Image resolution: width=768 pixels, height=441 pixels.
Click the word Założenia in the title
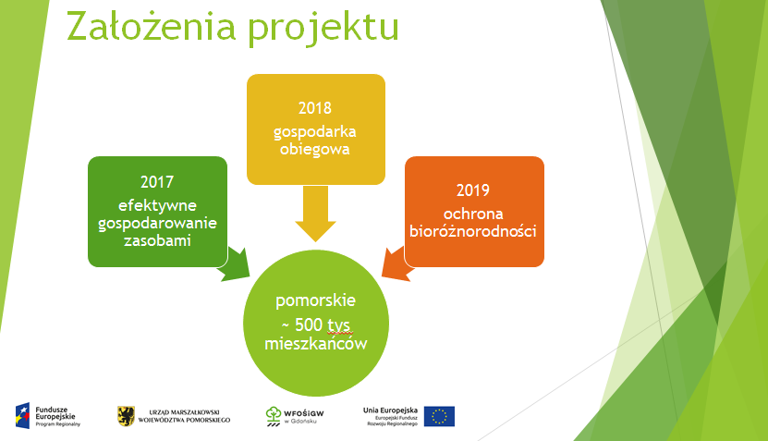click(152, 26)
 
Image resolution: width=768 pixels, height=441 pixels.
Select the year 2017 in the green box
click(157, 182)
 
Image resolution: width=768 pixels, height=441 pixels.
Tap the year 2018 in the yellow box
click(315, 108)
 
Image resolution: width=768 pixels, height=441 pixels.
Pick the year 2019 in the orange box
click(473, 190)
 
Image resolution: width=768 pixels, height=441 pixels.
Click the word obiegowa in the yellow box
click(315, 149)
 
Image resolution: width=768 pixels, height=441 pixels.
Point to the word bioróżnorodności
click(473, 231)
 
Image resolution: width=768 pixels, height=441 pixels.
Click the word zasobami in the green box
click(157, 240)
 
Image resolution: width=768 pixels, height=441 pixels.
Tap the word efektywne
click(157, 206)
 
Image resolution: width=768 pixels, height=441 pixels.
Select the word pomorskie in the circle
click(315, 300)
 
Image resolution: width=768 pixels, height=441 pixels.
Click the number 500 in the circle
click(309, 325)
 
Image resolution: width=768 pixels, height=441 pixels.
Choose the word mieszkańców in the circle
click(316, 343)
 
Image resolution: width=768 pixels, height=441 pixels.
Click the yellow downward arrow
click(315, 214)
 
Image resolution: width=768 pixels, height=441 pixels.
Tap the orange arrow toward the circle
click(397, 264)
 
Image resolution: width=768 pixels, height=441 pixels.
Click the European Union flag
click(439, 416)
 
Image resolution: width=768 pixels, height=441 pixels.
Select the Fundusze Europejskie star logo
click(22, 415)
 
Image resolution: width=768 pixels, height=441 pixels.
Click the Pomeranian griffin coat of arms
click(127, 416)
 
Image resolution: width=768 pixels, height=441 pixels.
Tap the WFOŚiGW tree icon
click(274, 416)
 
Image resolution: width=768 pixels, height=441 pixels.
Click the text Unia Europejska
click(390, 410)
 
